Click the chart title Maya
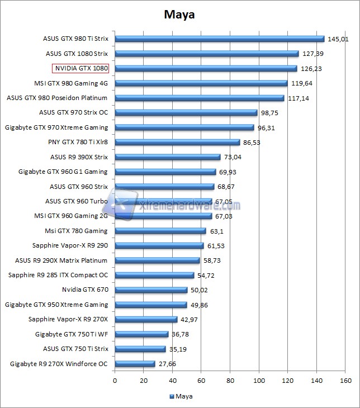[x=179, y=15]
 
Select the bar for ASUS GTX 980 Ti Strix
[x=219, y=39]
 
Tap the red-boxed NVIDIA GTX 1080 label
[x=80, y=69]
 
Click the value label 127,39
[x=314, y=54]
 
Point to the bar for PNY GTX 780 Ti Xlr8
[x=177, y=143]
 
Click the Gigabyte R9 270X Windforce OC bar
[x=135, y=364]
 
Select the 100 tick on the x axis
[x=259, y=381]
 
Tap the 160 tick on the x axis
[x=345, y=381]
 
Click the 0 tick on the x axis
[x=115, y=381]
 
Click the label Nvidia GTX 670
[x=85, y=290]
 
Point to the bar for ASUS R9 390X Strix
[x=168, y=157]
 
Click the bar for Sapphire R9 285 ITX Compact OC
[x=154, y=275]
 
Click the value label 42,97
[x=192, y=319]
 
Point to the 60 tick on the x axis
[x=201, y=381]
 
